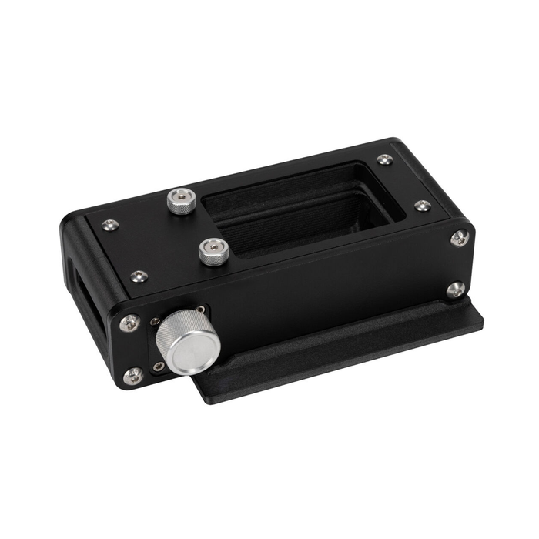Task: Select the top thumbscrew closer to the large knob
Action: (211, 249)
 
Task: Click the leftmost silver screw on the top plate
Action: (111, 225)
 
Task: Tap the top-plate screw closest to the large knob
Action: (139, 275)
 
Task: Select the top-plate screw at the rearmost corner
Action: (384, 160)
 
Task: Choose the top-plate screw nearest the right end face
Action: (422, 206)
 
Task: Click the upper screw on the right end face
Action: (460, 237)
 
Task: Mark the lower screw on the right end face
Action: (455, 289)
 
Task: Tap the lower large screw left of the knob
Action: (133, 375)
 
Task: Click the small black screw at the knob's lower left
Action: (158, 367)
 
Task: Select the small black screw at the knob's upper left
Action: (156, 320)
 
